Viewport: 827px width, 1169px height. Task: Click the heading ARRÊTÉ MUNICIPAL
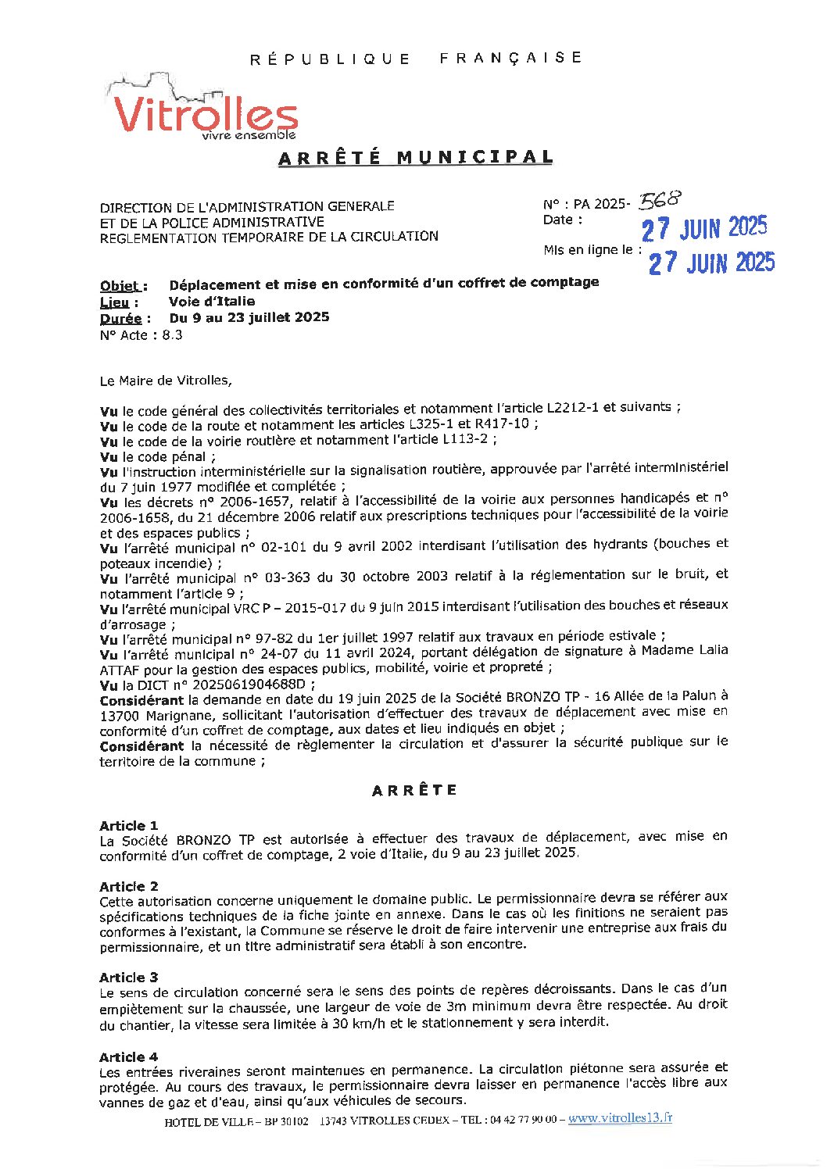click(x=416, y=157)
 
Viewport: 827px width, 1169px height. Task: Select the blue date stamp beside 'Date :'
click(x=703, y=228)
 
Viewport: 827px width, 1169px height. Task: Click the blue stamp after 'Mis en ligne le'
click(x=711, y=262)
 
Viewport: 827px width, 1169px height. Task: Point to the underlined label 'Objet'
click(x=120, y=286)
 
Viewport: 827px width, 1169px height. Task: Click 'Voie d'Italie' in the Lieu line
click(x=212, y=302)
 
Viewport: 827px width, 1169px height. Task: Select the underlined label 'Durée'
click(x=121, y=319)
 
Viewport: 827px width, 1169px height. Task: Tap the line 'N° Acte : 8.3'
click(x=141, y=335)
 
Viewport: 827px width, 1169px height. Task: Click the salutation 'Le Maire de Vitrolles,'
click(x=166, y=381)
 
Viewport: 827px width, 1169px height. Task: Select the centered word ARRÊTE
click(x=414, y=790)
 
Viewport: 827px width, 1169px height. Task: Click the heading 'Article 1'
click(x=129, y=826)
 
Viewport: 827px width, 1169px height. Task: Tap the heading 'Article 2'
click(x=129, y=887)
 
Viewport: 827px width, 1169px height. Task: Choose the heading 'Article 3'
click(x=129, y=978)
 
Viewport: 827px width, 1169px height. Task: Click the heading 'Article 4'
click(x=129, y=1057)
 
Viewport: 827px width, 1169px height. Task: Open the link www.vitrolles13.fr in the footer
click(x=620, y=1118)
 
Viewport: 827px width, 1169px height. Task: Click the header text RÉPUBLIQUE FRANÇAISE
click(x=416, y=59)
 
